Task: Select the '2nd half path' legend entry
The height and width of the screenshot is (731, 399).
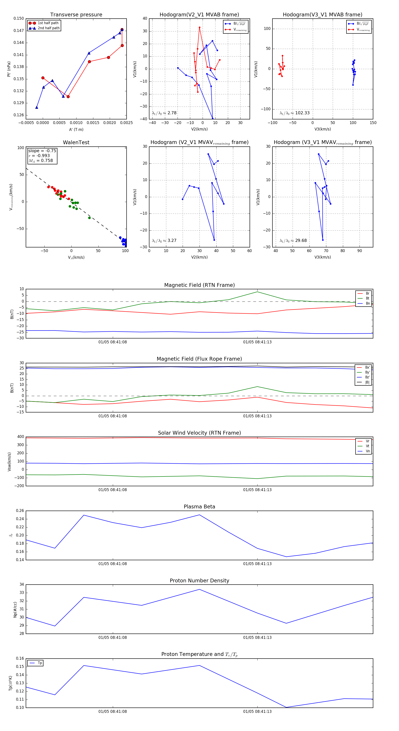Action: tap(49, 28)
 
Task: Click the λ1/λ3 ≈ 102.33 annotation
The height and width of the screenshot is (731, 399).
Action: tap(295, 113)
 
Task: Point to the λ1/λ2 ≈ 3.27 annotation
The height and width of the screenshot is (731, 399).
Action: tap(164, 241)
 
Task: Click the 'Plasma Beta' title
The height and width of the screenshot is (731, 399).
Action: tap(199, 507)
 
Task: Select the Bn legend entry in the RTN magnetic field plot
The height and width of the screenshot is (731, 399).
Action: tap(368, 303)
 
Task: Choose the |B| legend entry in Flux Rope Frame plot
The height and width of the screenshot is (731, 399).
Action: tap(367, 382)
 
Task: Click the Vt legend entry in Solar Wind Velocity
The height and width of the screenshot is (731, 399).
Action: tap(368, 446)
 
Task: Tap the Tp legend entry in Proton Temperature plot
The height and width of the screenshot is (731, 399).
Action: tap(40, 663)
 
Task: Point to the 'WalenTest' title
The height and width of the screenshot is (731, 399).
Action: tap(76, 142)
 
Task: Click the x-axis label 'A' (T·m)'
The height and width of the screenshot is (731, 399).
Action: tap(76, 130)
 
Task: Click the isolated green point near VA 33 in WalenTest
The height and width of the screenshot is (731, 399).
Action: tap(90, 218)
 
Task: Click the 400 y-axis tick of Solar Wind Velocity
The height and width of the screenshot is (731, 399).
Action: tap(20, 437)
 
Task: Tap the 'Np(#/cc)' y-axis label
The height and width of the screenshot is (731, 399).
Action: tap(15, 610)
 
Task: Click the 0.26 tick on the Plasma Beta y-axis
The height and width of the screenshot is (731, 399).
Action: tap(20, 511)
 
